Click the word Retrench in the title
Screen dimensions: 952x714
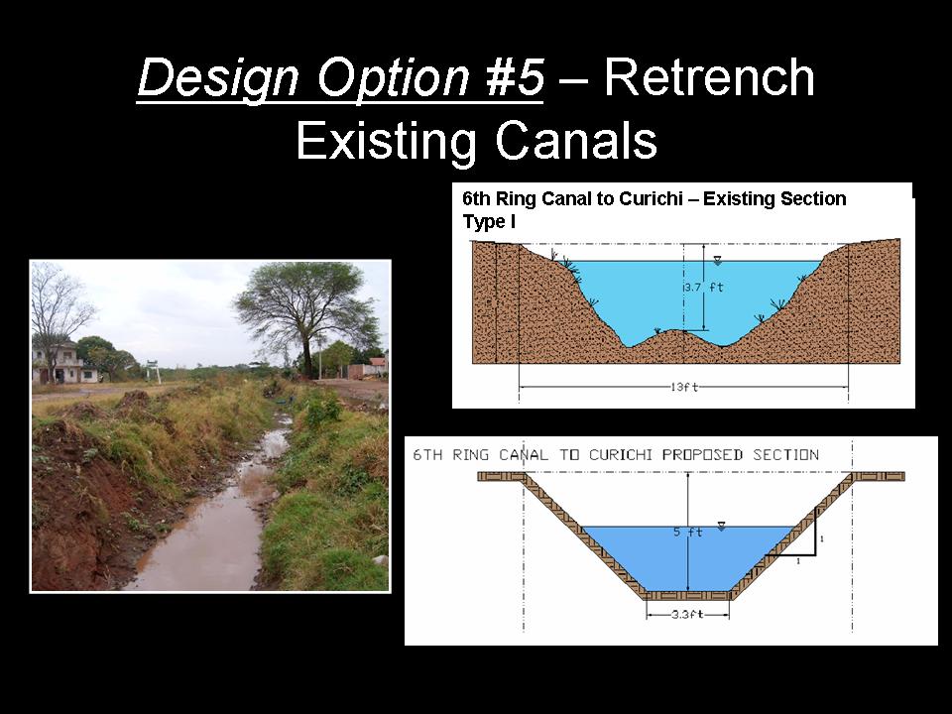coord(708,77)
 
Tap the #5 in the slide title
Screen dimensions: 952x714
coord(515,77)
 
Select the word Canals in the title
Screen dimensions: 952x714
coord(576,140)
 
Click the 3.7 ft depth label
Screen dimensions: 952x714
coord(704,288)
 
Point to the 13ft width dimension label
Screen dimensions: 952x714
coord(684,387)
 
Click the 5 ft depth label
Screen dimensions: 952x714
coord(687,532)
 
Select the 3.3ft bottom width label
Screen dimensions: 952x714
coord(687,615)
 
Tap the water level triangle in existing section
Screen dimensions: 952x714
coord(718,261)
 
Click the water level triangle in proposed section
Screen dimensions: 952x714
coord(721,526)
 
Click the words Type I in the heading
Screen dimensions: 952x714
coord(489,222)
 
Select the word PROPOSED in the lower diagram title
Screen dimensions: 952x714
coord(702,455)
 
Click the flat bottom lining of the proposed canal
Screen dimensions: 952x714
coord(688,596)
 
